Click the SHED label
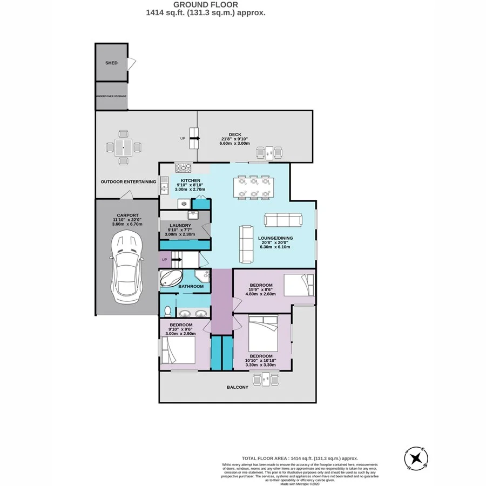(111, 63)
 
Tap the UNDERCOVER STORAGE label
(111, 96)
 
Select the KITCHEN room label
(191, 180)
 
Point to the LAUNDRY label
(178, 226)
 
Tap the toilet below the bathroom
(167, 310)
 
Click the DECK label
(234, 135)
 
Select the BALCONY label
(238, 387)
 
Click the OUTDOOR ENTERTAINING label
(129, 182)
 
